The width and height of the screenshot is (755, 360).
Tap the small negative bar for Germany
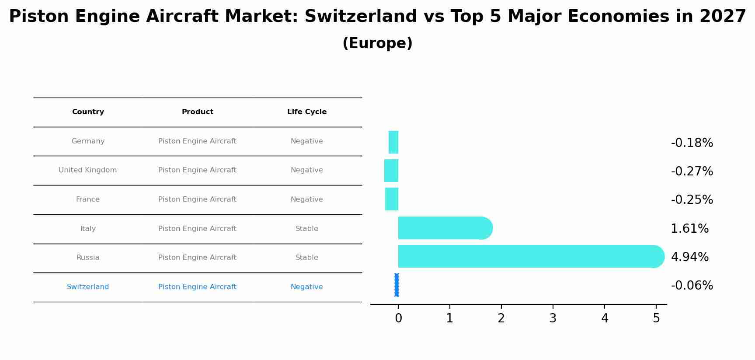pyautogui.click(x=393, y=142)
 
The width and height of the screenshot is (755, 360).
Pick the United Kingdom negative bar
pyautogui.click(x=391, y=171)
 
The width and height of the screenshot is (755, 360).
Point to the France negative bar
pyautogui.click(x=392, y=199)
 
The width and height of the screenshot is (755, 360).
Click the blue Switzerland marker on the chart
pyautogui.click(x=397, y=285)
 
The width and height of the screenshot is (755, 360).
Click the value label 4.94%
pyautogui.click(x=689, y=257)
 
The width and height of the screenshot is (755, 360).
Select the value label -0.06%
pyautogui.click(x=692, y=286)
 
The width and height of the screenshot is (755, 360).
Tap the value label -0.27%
pyautogui.click(x=692, y=171)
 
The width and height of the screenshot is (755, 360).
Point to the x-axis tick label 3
pyautogui.click(x=553, y=318)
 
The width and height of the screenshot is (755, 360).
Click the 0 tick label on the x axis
pyautogui.click(x=398, y=318)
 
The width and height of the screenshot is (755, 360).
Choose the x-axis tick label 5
pyautogui.click(x=656, y=318)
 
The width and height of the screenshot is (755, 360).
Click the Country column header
pyautogui.click(x=88, y=112)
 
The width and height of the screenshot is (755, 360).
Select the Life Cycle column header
pyautogui.click(x=307, y=112)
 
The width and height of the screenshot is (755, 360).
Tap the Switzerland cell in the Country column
pyautogui.click(x=88, y=287)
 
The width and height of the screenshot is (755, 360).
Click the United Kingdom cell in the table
pyautogui.click(x=88, y=170)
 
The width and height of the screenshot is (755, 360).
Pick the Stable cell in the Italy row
pyautogui.click(x=307, y=229)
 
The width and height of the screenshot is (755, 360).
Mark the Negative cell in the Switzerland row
pyautogui.click(x=307, y=287)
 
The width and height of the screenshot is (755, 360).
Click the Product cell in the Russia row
pyautogui.click(x=197, y=258)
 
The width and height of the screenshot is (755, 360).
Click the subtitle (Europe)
pyautogui.click(x=377, y=43)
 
